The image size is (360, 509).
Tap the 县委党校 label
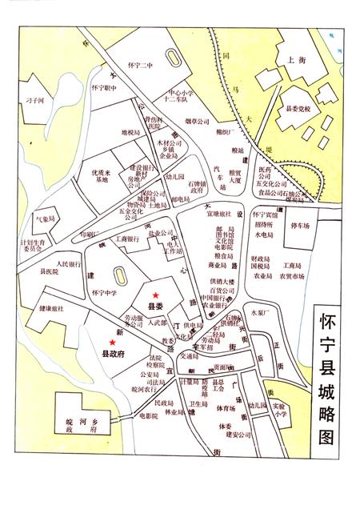(x=293, y=114)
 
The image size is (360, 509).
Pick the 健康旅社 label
(x=50, y=308)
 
